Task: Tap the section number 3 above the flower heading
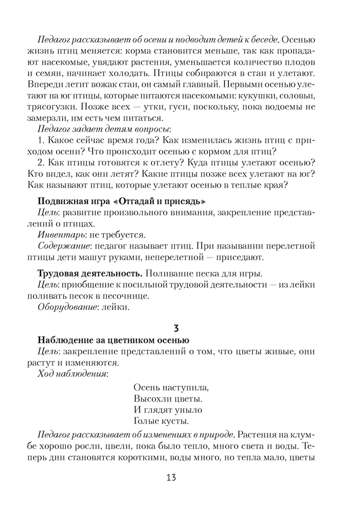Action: click(176, 327)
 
